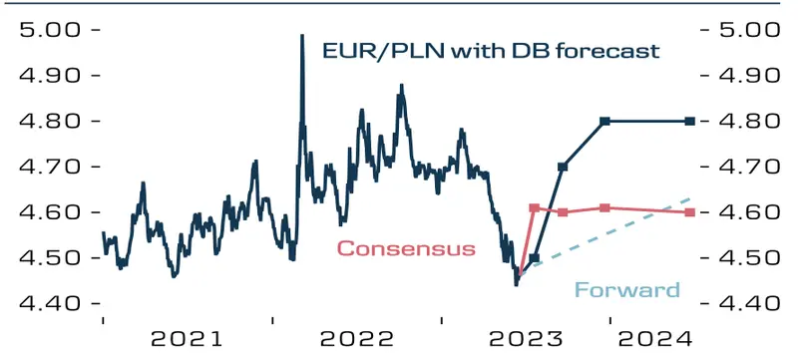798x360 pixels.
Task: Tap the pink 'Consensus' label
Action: coord(406,248)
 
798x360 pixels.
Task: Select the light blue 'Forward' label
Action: coord(626,290)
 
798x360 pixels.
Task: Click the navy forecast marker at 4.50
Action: coord(534,258)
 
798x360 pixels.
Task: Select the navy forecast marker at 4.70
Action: coord(563,167)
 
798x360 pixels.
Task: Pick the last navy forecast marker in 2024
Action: coord(688,121)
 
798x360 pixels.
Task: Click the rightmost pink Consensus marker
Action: coord(688,212)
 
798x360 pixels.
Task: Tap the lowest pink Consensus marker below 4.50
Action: coord(521,270)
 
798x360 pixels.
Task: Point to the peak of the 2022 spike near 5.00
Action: coord(301,36)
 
